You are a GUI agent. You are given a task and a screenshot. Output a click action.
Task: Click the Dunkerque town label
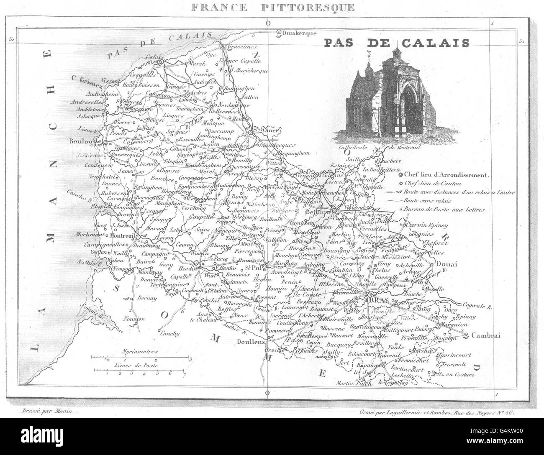tap(298, 33)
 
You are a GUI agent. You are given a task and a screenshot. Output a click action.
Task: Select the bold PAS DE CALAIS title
tap(396, 43)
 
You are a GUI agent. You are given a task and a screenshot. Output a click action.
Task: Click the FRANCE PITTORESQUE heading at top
tap(271, 7)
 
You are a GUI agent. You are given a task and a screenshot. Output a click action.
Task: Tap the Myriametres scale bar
tap(141, 358)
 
